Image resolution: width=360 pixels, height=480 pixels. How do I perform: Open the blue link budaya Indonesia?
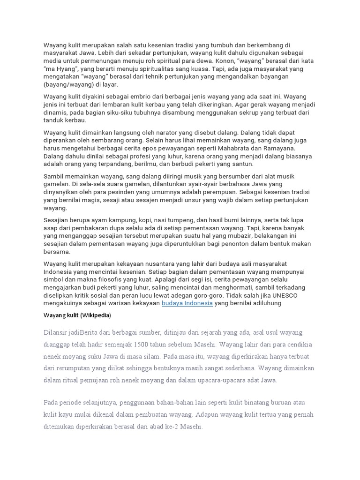coord(187,303)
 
